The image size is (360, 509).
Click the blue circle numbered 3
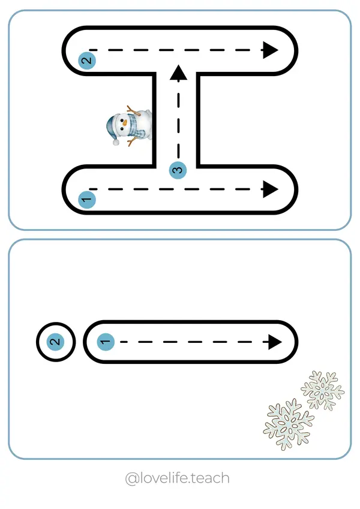coord(178,170)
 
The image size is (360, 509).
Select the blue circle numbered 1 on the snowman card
coord(87,199)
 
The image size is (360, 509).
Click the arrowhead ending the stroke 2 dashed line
coord(271,50)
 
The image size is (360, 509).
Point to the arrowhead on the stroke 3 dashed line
coord(178,73)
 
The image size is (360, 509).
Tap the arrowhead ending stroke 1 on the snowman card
coord(270,189)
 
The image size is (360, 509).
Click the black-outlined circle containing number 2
coord(55,342)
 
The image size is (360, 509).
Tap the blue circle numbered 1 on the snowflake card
coord(105,342)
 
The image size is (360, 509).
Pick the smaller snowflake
coord(323,390)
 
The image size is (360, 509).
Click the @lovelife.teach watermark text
coord(176,478)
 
